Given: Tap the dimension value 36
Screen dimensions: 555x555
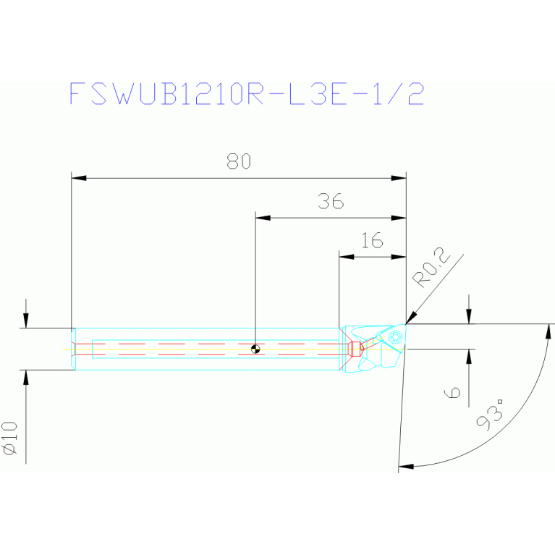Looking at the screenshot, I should tap(330, 202).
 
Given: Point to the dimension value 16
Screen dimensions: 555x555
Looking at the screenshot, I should tap(372, 241).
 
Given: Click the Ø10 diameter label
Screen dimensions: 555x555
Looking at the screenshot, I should tap(11, 439).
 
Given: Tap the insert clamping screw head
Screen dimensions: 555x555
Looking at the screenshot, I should tap(395, 336).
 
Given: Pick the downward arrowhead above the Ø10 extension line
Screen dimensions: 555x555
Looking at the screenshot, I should tap(26, 321).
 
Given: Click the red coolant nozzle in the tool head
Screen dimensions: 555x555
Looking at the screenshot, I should tap(355, 349).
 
